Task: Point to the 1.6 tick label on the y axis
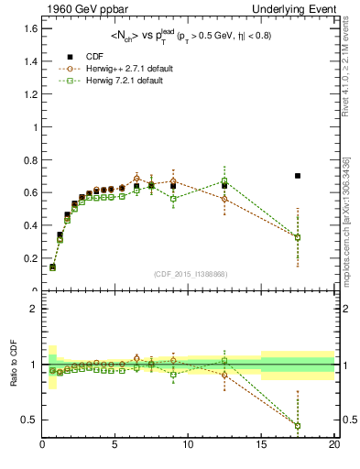point(31,27)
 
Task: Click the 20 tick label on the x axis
point(334,445)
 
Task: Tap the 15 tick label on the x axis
point(261,445)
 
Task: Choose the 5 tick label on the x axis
point(115,445)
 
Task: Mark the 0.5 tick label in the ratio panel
point(31,420)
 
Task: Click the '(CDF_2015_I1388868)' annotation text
point(189,274)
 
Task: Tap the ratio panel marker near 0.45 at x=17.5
point(298,425)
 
